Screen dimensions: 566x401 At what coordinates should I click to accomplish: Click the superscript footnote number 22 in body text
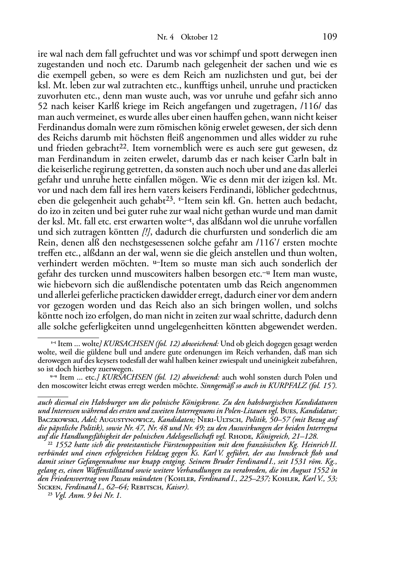click(124, 146)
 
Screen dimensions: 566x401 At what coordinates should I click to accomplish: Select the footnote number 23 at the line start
click(44, 495)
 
